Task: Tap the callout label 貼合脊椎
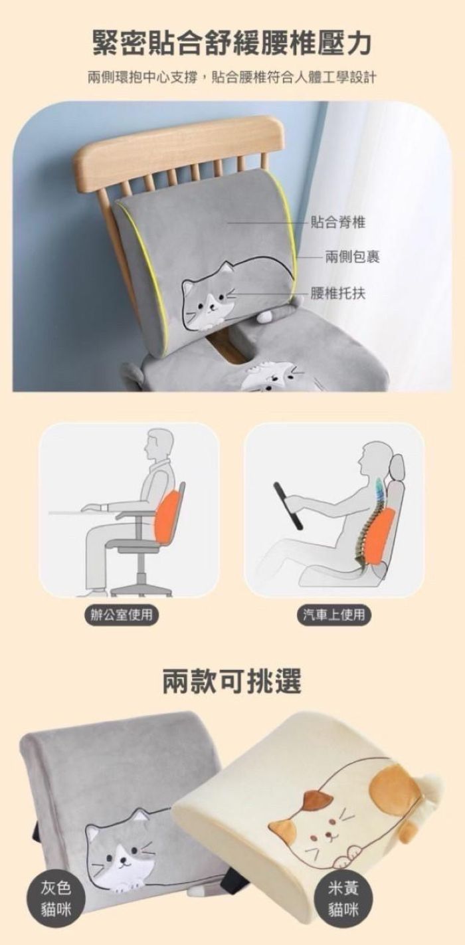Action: point(338,221)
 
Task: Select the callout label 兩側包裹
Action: point(352,256)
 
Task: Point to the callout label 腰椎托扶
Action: point(338,293)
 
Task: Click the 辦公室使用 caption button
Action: point(121,615)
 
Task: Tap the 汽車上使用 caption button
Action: point(333,615)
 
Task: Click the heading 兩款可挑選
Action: point(232,680)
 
